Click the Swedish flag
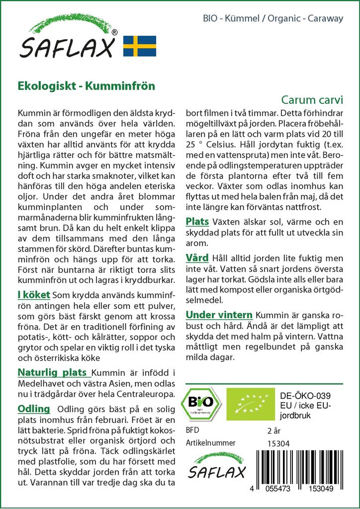click(x=140, y=45)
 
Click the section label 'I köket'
click(x=33, y=295)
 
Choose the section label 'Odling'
click(x=34, y=409)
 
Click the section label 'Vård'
click(x=197, y=258)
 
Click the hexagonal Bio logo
click(x=201, y=403)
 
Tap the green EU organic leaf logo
click(x=250, y=403)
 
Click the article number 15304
click(x=278, y=443)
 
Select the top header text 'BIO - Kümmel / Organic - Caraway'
click(x=273, y=18)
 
